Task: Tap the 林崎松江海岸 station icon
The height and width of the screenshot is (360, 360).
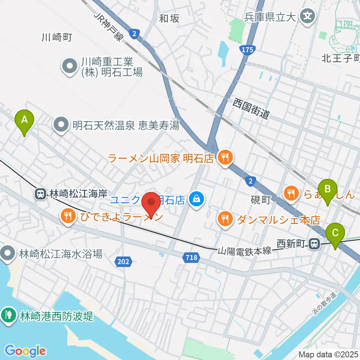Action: (40, 194)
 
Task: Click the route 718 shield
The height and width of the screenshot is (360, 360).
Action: (191, 257)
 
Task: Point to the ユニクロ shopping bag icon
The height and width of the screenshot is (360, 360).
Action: (196, 199)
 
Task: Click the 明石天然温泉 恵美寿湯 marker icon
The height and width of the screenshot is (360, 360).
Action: (61, 125)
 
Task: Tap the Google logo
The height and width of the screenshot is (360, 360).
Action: (25, 351)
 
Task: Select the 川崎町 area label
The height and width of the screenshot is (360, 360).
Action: (56, 37)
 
